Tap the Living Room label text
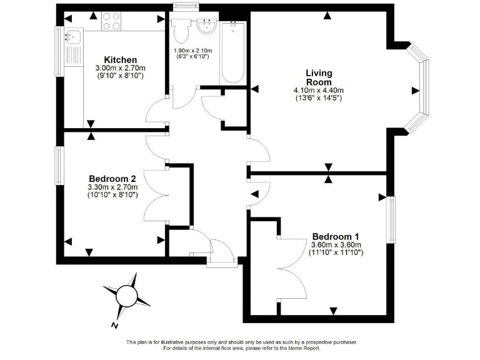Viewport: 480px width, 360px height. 319,77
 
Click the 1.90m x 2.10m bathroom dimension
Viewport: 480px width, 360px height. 192,51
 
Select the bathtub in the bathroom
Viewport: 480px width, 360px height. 233,53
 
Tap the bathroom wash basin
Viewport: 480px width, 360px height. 206,27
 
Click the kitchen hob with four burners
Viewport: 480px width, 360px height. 111,22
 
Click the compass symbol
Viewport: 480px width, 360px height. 127,293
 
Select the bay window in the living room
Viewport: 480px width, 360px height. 419,88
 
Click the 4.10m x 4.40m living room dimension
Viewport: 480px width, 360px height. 319,91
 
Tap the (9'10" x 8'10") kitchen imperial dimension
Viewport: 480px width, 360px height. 120,76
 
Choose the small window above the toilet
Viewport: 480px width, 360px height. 182,7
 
